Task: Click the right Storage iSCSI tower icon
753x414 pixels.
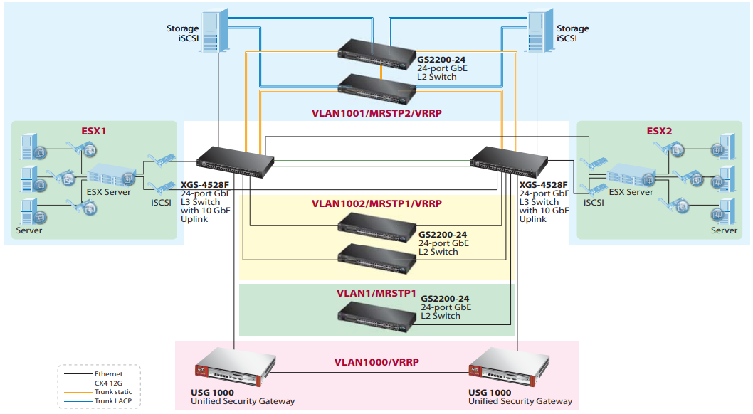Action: tap(539, 31)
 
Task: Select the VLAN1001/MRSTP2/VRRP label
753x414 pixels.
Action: tap(376, 112)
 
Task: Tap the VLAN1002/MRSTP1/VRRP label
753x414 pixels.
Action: tap(376, 203)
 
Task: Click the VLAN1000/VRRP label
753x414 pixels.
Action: tap(376, 362)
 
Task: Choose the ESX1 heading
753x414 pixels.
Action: tap(93, 132)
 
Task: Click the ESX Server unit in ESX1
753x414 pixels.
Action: tap(110, 174)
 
